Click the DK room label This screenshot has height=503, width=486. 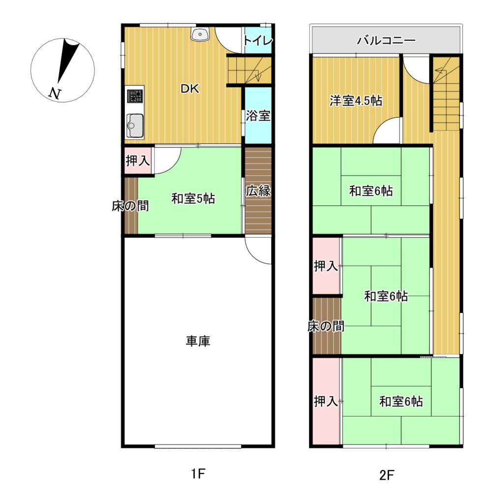190,89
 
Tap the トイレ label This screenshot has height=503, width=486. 258,41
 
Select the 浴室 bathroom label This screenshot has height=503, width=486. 258,116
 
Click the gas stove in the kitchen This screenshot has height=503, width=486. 135,96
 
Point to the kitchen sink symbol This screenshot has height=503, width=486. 135,125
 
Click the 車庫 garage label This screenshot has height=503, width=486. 198,341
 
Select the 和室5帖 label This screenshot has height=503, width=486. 193,199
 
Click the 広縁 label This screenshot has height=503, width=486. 258,191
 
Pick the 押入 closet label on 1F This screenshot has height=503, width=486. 138,161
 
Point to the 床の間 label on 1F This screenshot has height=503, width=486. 130,206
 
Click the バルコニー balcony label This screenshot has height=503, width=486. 386,40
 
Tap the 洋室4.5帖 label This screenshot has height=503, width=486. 356,101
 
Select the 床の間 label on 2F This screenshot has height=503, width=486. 326,327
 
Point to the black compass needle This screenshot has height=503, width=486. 68,59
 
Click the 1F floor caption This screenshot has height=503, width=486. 198,474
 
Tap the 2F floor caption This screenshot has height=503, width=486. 386,475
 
